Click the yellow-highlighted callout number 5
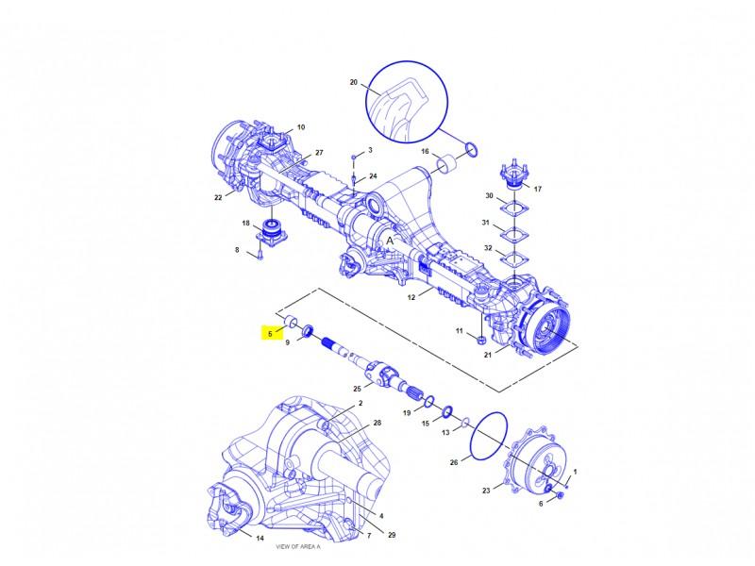click(270, 333)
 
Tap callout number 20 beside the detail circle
click(353, 82)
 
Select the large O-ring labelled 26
click(487, 435)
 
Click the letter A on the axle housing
click(390, 241)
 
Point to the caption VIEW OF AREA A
click(297, 547)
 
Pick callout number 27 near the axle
click(319, 153)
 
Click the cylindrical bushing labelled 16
click(447, 163)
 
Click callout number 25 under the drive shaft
click(357, 389)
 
